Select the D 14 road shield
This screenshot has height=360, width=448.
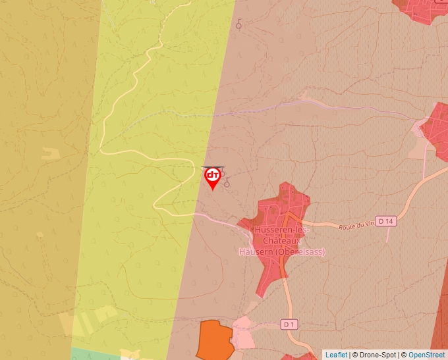click(x=386, y=221)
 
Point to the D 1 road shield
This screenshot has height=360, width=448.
click(x=290, y=324)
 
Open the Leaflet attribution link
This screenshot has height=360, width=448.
click(x=336, y=355)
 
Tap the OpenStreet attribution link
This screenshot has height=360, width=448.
click(x=426, y=355)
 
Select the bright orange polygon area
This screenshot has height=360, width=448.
click(x=214, y=339)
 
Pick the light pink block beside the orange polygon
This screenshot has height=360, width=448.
click(x=243, y=335)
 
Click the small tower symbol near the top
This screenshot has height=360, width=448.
click(x=239, y=26)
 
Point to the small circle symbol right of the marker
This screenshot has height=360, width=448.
click(x=227, y=184)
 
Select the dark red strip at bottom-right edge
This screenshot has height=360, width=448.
click(x=440, y=316)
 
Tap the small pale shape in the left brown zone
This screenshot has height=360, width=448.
click(x=50, y=154)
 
